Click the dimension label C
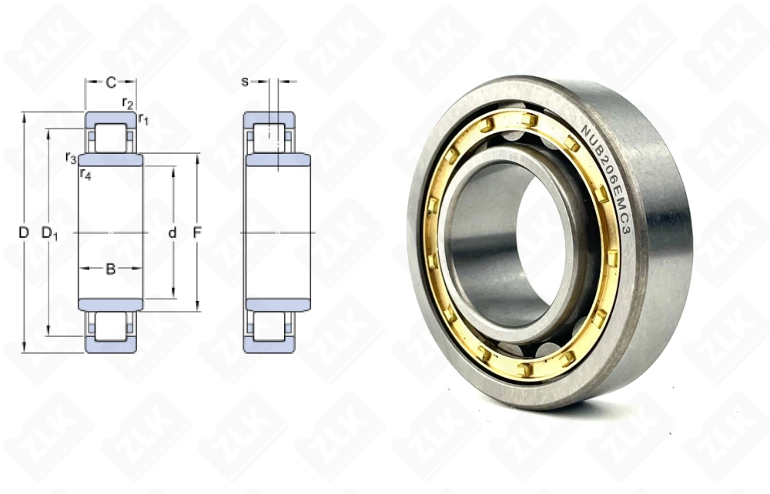click(x=111, y=82)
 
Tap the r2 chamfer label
click(x=128, y=103)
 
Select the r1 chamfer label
click(x=143, y=118)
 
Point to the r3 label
click(x=71, y=158)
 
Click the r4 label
click(x=85, y=174)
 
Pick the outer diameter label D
click(x=23, y=232)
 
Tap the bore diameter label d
click(x=172, y=232)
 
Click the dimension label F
click(x=197, y=232)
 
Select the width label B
click(x=110, y=269)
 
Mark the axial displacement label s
click(x=245, y=81)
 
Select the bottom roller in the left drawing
click(x=111, y=327)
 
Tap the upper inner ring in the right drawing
click(x=278, y=159)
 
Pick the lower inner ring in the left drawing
click(x=111, y=305)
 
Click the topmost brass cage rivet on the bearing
click(x=529, y=119)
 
